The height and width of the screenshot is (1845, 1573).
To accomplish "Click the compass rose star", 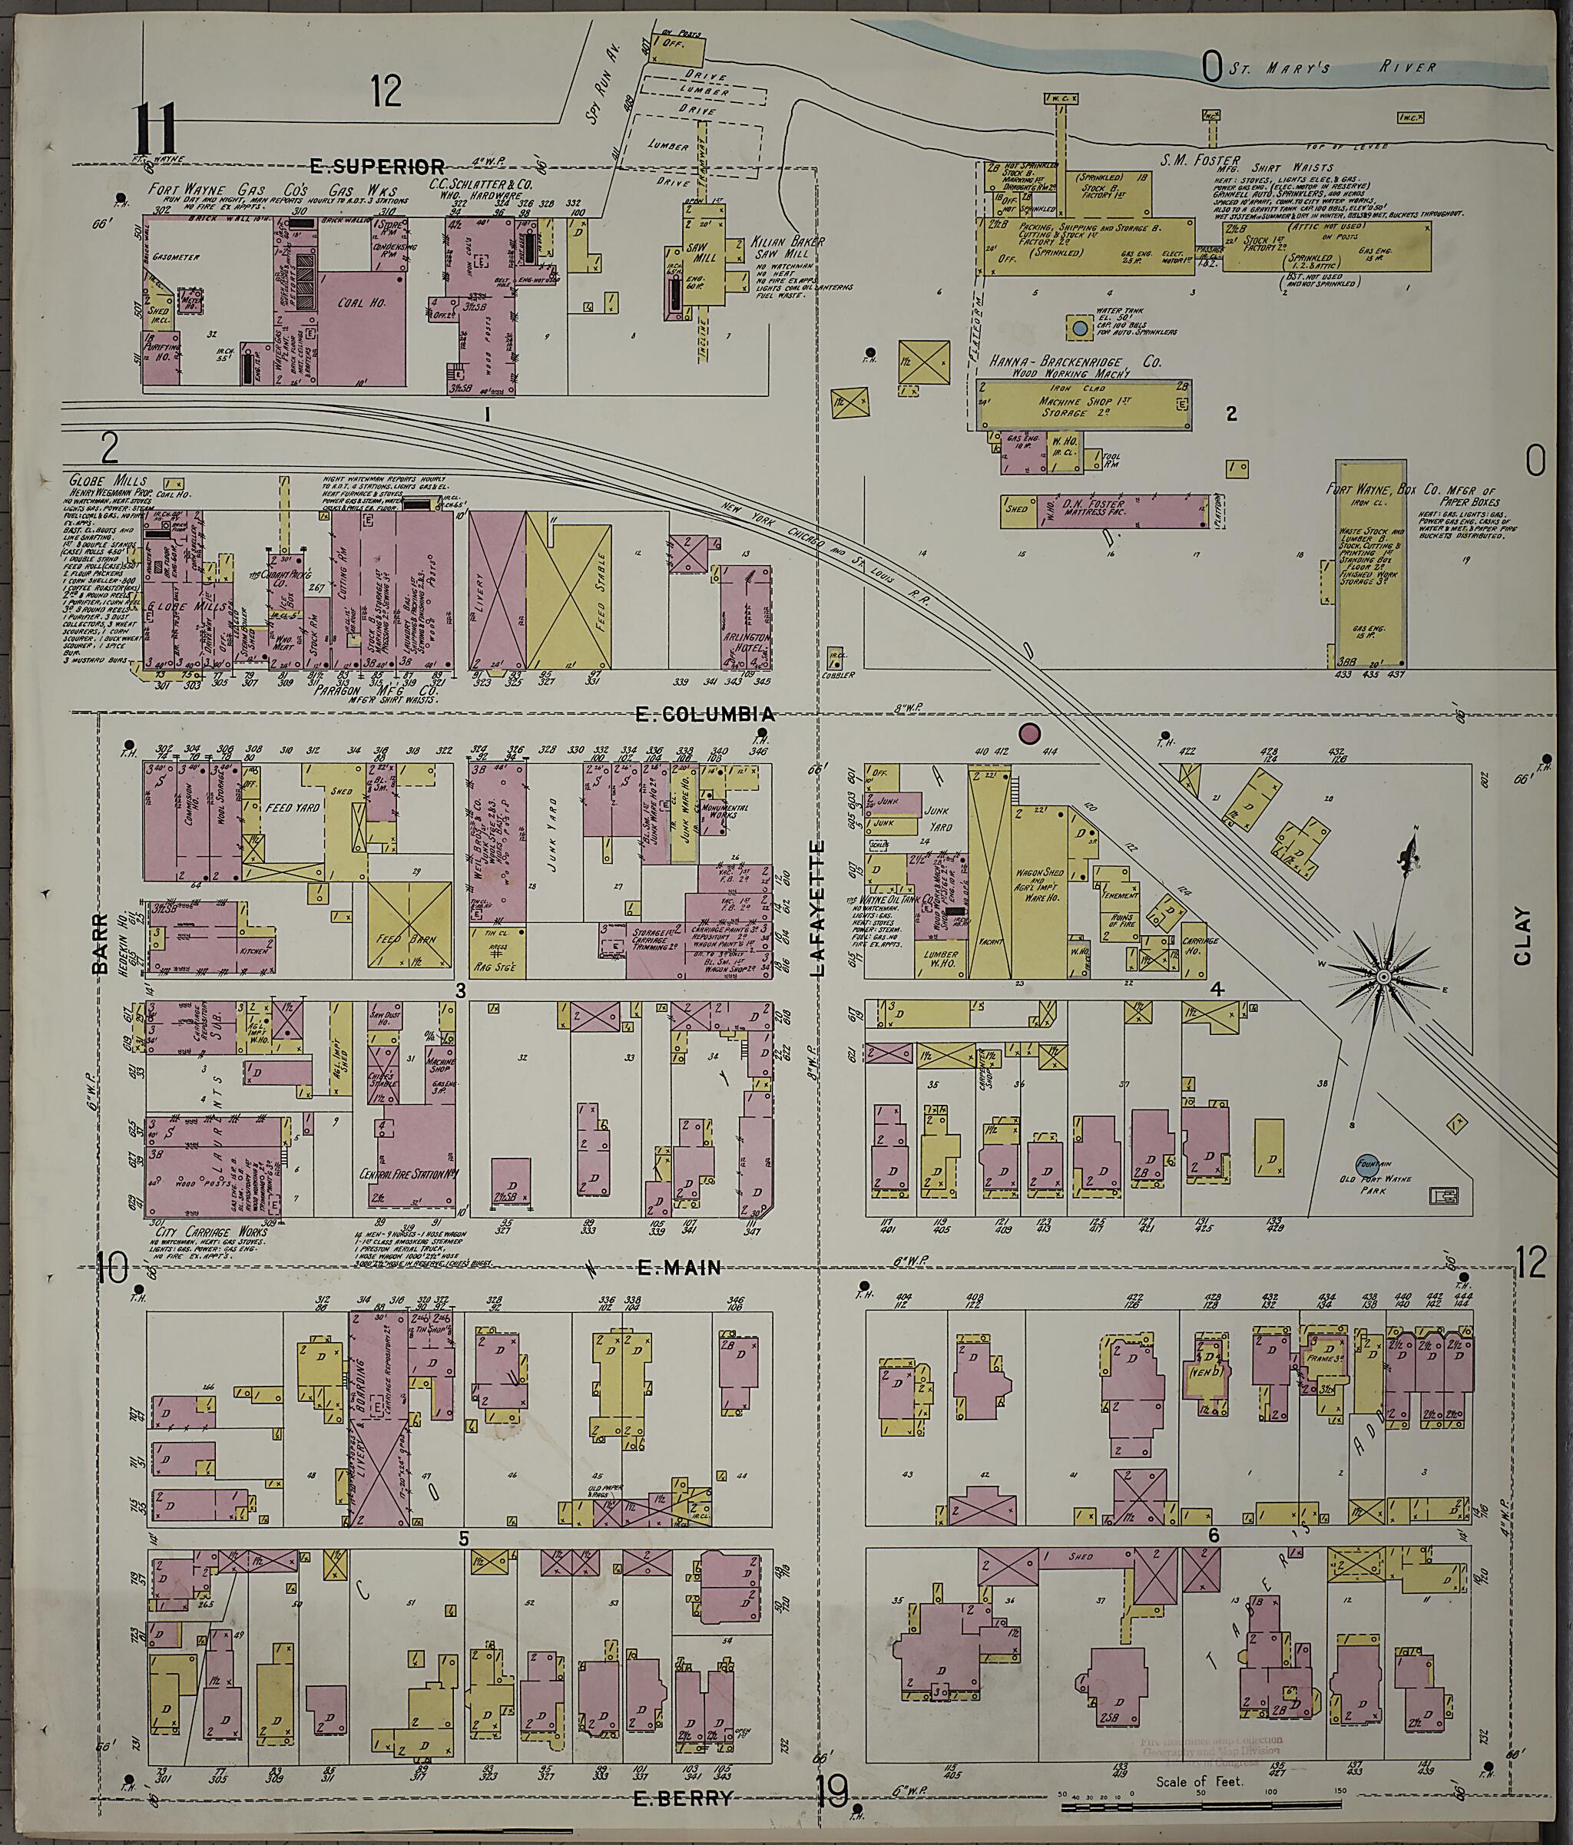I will pyautogui.click(x=1383, y=977).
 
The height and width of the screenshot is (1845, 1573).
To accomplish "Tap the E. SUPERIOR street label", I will pyautogui.click(x=377, y=166).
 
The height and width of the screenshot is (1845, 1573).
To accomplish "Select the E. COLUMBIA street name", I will pyautogui.click(x=704, y=714).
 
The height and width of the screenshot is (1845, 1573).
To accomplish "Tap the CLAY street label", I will pyautogui.click(x=1522, y=936).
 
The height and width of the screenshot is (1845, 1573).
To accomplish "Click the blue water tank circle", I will pyautogui.click(x=1080, y=329).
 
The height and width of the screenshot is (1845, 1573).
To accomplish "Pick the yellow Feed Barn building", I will pyautogui.click(x=409, y=926).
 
